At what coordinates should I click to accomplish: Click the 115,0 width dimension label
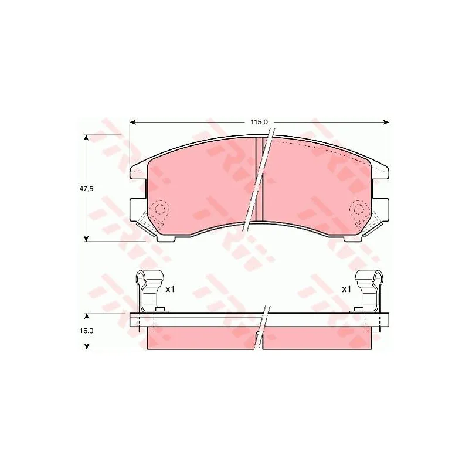259,122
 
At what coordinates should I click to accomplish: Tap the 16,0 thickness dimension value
86,331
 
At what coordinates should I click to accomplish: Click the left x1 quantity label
170,289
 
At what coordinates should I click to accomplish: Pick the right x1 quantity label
346,289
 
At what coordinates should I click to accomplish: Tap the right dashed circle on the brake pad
358,209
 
